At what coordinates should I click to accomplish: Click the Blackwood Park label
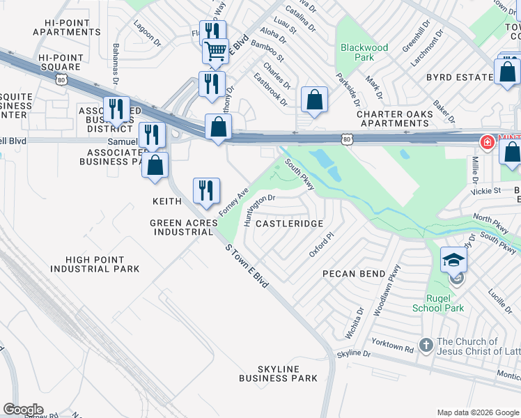(x=364, y=53)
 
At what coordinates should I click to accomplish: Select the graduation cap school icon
(x=453, y=260)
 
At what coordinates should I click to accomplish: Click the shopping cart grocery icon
(x=216, y=51)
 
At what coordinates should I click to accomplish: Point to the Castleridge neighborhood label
(x=289, y=224)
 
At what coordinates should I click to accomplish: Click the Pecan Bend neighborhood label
(x=354, y=274)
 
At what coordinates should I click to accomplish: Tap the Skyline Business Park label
(x=278, y=373)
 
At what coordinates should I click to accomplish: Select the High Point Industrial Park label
(x=94, y=263)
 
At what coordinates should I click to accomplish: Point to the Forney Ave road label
(x=233, y=201)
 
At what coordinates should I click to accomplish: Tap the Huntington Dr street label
(x=260, y=207)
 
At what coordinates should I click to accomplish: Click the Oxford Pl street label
(x=322, y=243)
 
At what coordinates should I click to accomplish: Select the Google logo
(x=23, y=410)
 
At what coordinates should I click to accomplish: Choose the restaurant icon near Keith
(x=206, y=191)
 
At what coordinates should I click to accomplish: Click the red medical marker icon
(x=487, y=143)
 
